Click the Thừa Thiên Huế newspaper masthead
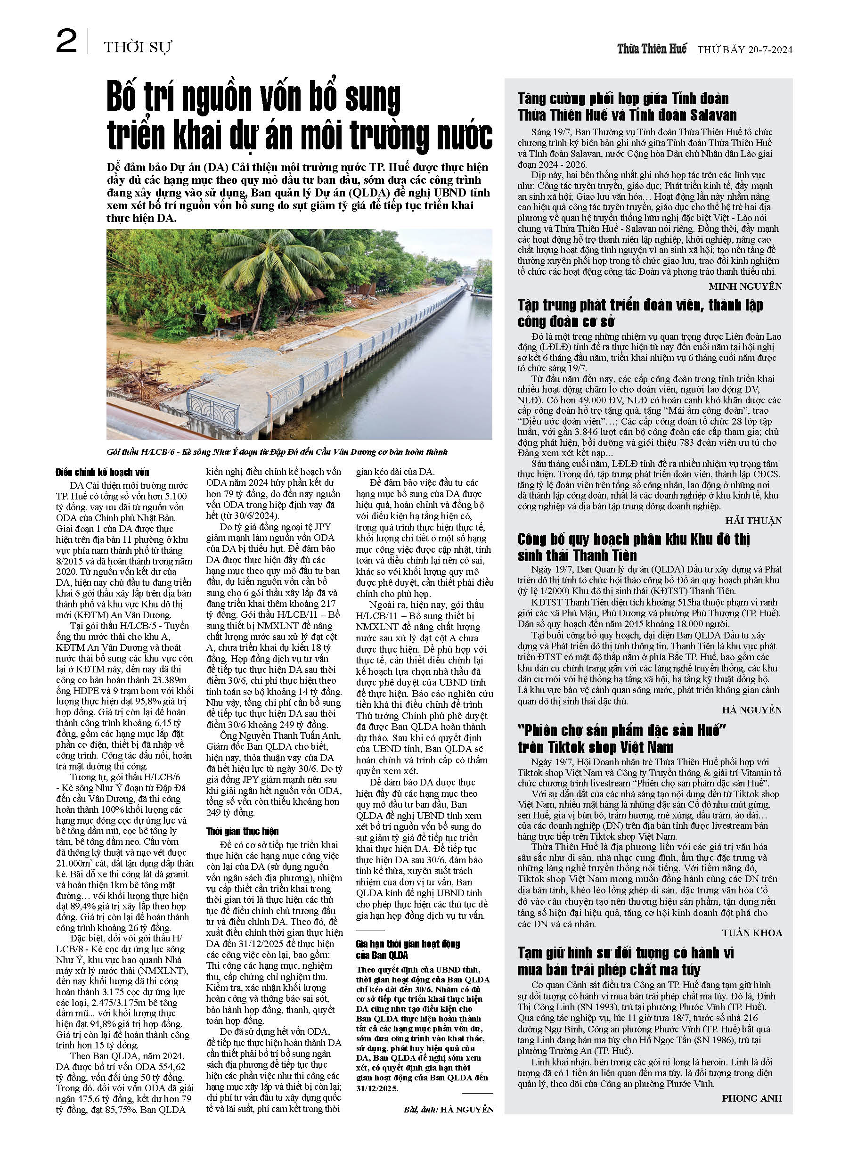(652, 49)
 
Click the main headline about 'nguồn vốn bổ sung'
(299, 117)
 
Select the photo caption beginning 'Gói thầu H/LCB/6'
(277, 452)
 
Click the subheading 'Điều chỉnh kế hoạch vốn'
(103, 472)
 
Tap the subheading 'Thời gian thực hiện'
(242, 831)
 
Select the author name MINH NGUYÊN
(745, 286)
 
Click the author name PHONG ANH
(751, 1098)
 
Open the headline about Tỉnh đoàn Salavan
(626, 106)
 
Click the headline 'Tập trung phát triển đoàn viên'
(640, 313)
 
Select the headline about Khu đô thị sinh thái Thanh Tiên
(634, 547)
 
